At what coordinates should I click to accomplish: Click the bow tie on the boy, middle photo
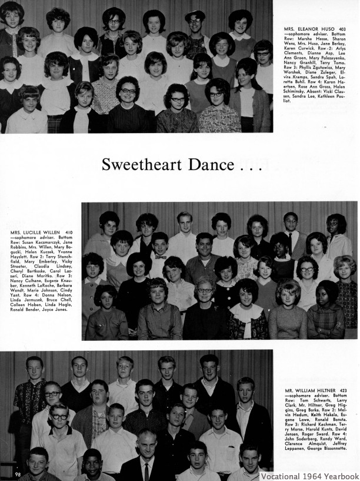pyautogui.click(x=159, y=257)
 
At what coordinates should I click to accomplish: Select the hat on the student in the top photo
pyautogui.click(x=195, y=14)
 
